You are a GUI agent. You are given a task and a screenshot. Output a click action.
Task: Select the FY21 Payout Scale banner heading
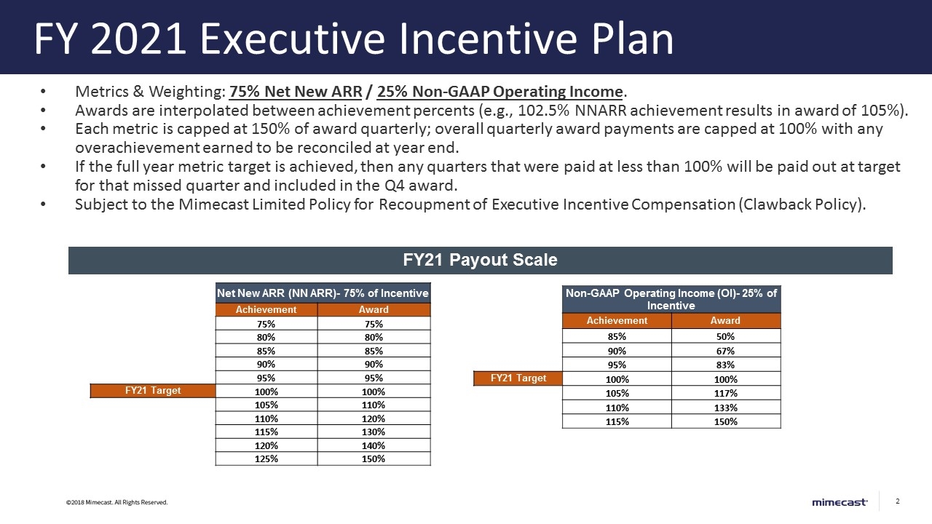coord(481,260)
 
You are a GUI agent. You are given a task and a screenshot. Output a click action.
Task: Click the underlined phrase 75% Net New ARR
coord(296,92)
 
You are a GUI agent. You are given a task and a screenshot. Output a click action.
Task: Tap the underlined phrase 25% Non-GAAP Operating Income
coord(500,92)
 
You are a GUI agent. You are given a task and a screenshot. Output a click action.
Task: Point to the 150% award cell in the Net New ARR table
coord(374,458)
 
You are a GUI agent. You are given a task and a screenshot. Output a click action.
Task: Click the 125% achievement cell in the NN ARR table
coord(266,458)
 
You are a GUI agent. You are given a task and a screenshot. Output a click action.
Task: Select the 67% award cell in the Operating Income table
coord(725,351)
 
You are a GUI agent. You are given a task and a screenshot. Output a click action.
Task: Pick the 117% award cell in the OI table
coord(725,393)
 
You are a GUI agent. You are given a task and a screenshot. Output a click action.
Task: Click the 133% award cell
coord(725,408)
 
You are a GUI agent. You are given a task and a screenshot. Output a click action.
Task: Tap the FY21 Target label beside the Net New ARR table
coord(153,391)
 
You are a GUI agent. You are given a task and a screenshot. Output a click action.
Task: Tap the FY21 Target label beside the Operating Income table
coord(518,378)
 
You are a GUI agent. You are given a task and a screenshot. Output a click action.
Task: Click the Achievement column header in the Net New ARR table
coord(266,309)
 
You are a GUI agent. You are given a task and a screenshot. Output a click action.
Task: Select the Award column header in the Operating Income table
coord(725,321)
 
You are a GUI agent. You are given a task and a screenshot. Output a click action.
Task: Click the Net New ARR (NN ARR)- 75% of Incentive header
coord(323,293)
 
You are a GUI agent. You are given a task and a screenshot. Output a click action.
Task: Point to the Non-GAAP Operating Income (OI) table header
coord(671,299)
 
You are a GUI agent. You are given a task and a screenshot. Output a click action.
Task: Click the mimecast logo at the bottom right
coord(840,502)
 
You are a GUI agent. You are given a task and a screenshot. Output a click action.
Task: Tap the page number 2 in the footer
coord(898,501)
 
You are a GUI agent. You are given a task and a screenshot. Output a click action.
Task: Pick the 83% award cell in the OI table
coord(725,365)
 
